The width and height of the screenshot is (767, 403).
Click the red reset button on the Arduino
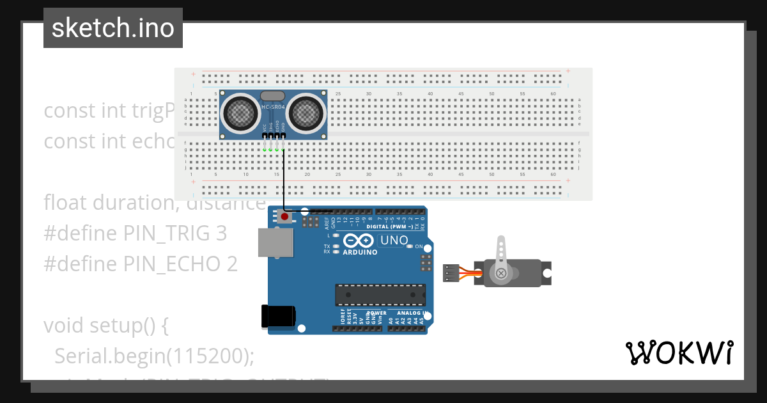click(284, 217)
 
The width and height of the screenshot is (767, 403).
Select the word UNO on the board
click(394, 241)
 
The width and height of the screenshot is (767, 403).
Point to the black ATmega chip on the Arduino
click(380, 294)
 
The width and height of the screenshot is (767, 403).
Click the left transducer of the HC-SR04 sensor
click(240, 113)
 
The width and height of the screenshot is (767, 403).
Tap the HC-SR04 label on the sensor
click(273, 107)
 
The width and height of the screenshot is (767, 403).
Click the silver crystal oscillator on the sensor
click(273, 96)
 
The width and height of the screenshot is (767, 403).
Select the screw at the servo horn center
click(501, 274)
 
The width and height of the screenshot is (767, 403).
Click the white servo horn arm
click(501, 253)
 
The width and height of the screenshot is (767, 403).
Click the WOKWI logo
click(679, 352)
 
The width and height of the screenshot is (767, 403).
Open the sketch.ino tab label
click(113, 28)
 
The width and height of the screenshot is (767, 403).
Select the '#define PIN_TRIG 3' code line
click(135, 233)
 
